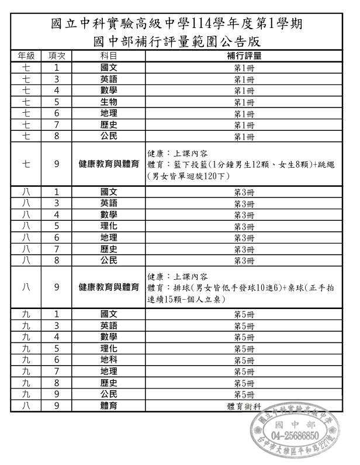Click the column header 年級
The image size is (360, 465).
click(x=26, y=56)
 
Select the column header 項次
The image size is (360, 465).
click(x=57, y=56)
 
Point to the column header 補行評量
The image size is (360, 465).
click(x=244, y=56)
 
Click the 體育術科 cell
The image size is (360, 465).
click(x=244, y=406)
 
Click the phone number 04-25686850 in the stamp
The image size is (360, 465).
click(x=295, y=436)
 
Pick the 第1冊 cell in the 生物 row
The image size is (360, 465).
click(x=244, y=102)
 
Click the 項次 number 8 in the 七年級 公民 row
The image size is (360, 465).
click(x=57, y=137)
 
